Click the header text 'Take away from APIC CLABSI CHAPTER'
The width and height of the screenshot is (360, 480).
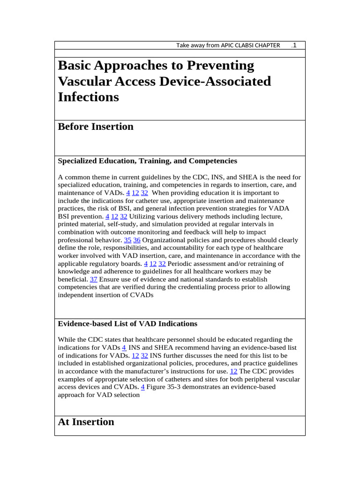[x=228, y=45]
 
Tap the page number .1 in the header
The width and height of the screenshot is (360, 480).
[x=294, y=45]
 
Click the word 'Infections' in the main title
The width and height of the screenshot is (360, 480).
[x=88, y=97]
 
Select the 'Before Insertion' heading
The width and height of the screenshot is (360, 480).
[x=96, y=127]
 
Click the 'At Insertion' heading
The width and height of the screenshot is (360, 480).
[x=86, y=422]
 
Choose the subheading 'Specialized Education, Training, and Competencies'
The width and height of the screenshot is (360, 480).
[x=147, y=161]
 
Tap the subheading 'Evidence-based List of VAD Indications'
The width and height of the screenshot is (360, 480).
[x=127, y=324]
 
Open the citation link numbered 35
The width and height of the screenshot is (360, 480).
[x=127, y=240]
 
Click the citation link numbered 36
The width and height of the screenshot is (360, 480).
[x=137, y=240]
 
